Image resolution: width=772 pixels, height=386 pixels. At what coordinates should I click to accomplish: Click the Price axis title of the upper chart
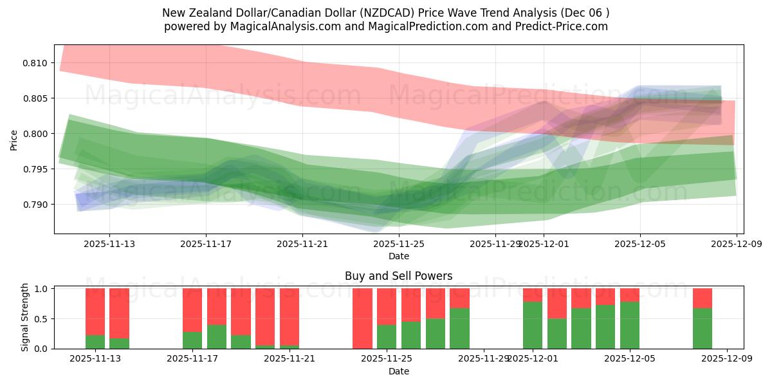click(14, 140)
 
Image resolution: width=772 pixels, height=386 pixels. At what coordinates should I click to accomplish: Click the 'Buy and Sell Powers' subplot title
click(398, 276)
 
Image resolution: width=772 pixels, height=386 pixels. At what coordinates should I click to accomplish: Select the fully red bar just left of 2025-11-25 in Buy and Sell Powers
click(362, 318)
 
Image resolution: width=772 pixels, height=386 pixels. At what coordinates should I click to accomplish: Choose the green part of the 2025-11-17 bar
click(192, 340)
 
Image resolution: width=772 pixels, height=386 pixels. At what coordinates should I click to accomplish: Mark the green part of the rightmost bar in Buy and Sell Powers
click(703, 328)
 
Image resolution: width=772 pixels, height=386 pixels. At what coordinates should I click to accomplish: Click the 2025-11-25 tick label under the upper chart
click(399, 244)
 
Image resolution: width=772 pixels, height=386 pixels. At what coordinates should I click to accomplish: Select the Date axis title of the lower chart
click(398, 371)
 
